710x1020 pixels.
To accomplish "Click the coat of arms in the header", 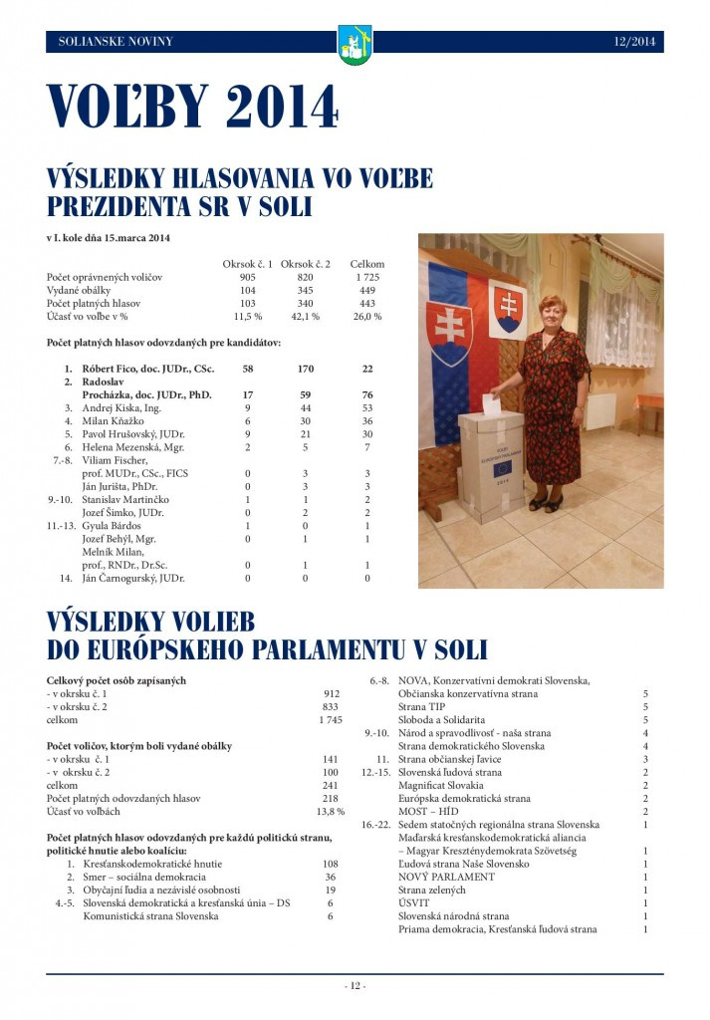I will (355, 44).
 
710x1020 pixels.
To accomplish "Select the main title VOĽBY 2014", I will (192, 107).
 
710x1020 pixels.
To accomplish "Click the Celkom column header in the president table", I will (366, 263).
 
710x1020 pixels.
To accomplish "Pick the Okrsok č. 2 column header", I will (306, 263).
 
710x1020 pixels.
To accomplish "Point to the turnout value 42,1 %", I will (306, 316).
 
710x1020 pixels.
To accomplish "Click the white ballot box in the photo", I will (490, 464).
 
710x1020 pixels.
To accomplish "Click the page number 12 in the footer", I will (355, 986).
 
